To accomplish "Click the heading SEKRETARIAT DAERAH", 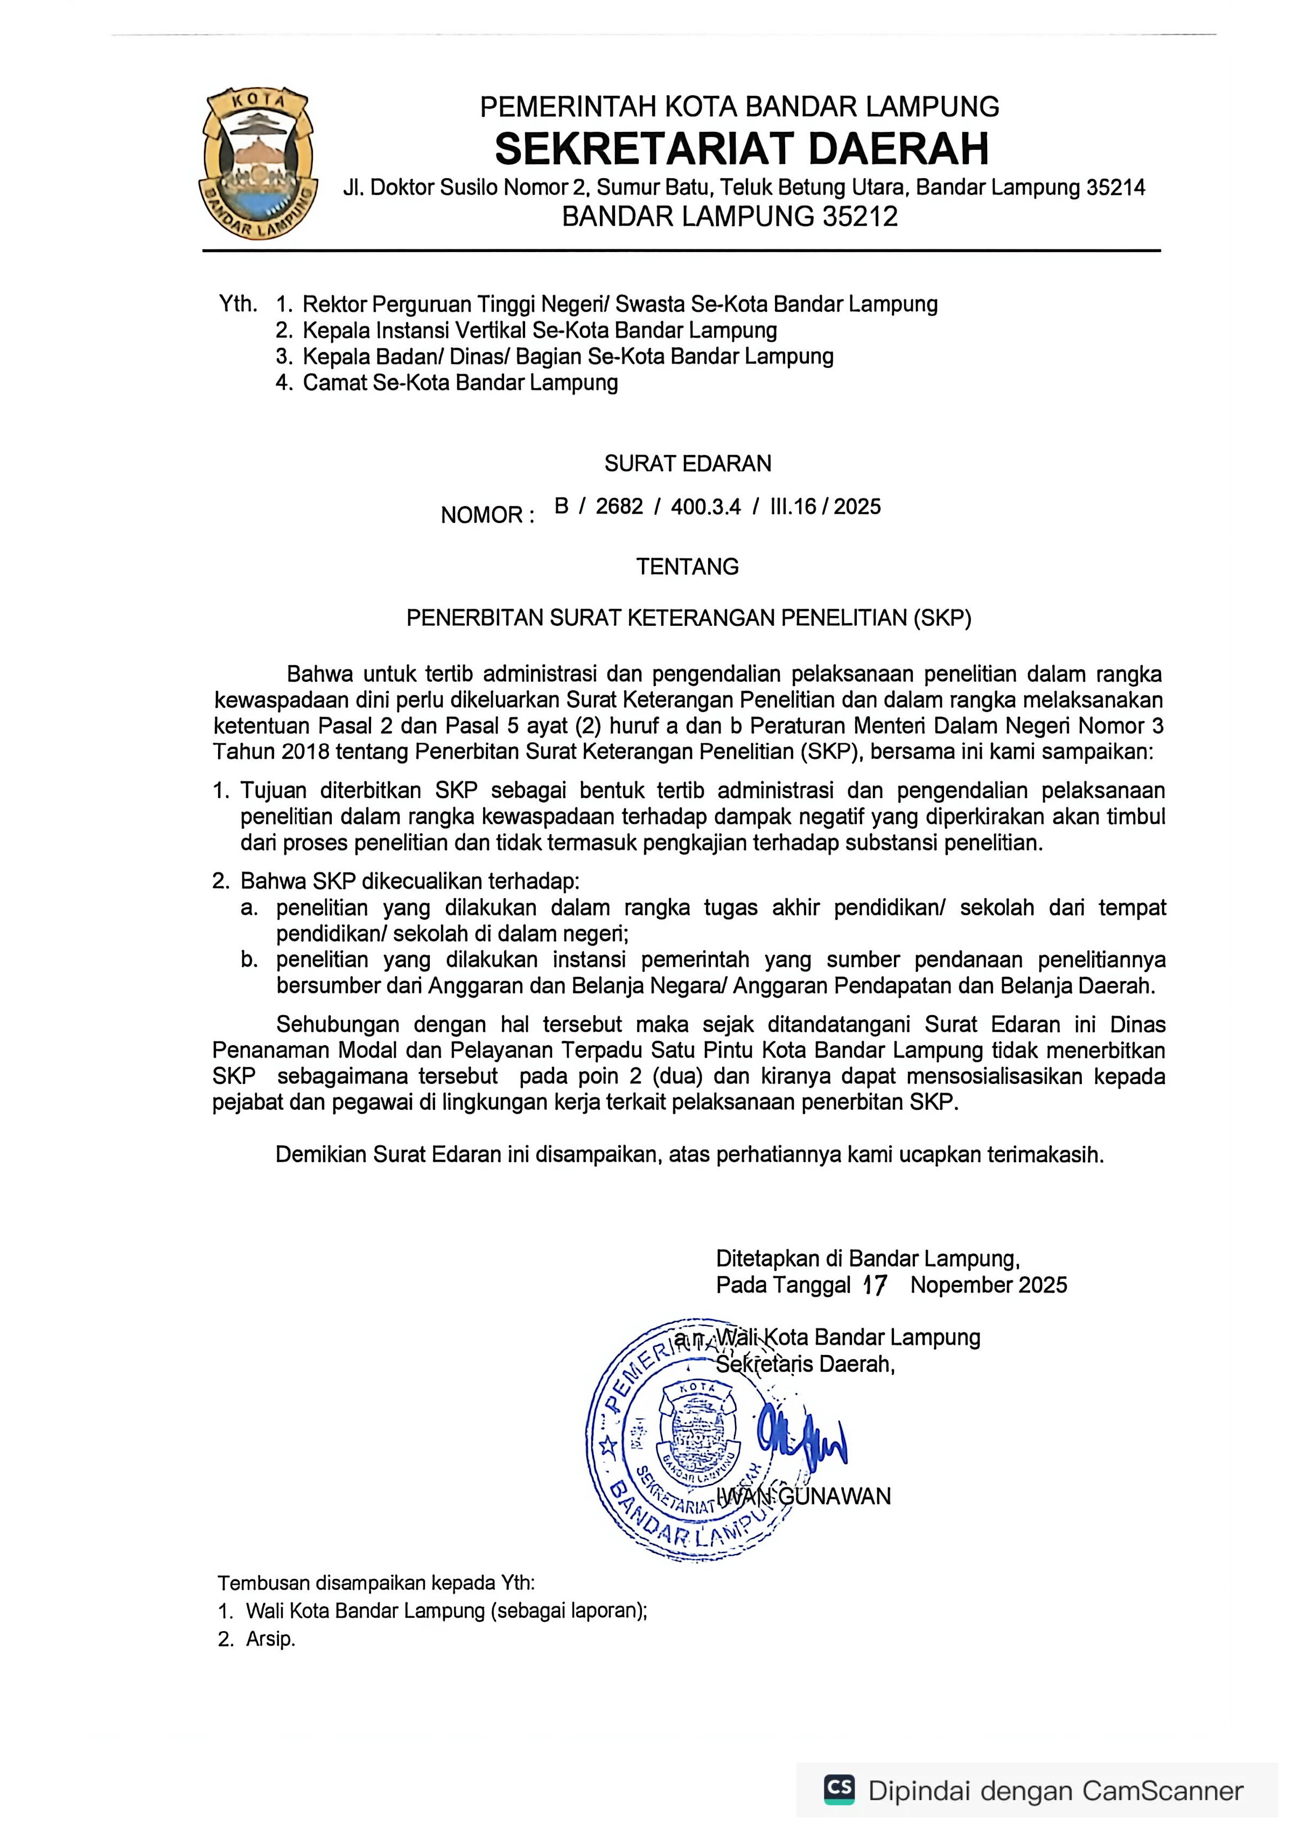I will click(x=741, y=149).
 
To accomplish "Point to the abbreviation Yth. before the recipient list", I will click(x=238, y=304).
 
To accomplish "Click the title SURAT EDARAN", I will click(x=687, y=463).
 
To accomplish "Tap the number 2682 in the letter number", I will click(x=619, y=506).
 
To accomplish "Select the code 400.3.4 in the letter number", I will click(x=705, y=506).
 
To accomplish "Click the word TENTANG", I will click(x=687, y=567).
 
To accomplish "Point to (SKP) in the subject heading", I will click(x=941, y=618).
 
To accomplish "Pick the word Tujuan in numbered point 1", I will click(x=274, y=791).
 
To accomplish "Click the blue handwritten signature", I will click(x=801, y=1439).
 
